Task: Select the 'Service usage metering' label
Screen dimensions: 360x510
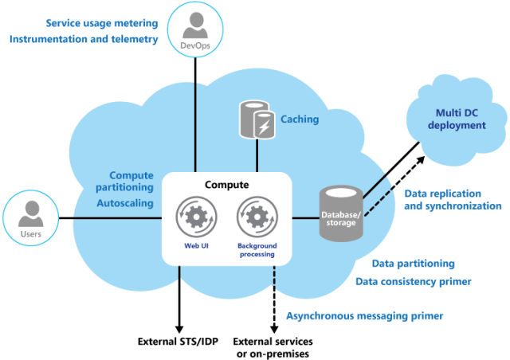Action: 103,24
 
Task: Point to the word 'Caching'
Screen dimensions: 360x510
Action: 300,119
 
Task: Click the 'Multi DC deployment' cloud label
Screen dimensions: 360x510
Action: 457,119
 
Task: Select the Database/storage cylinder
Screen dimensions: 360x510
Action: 341,213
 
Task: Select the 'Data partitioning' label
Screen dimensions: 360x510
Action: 414,263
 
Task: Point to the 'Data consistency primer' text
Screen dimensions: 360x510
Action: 412,281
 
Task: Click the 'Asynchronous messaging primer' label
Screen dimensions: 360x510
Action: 364,315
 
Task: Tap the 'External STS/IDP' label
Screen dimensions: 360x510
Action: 178,342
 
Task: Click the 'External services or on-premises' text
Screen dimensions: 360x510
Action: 273,348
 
